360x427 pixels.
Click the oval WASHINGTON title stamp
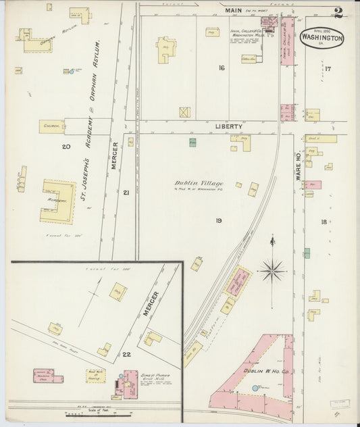pos(322,37)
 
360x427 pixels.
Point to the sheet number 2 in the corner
pos(338,11)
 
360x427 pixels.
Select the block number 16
pos(221,68)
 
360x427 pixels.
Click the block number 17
pos(328,69)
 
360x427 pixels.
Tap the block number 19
pos(219,220)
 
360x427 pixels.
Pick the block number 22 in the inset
pos(126,353)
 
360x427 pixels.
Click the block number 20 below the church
pos(66,147)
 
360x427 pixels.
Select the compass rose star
pos(272,270)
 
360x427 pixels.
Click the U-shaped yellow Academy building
pos(58,201)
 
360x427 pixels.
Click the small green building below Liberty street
pos(192,143)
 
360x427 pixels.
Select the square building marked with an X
pos(184,112)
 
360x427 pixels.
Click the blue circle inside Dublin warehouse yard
pos(256,388)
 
